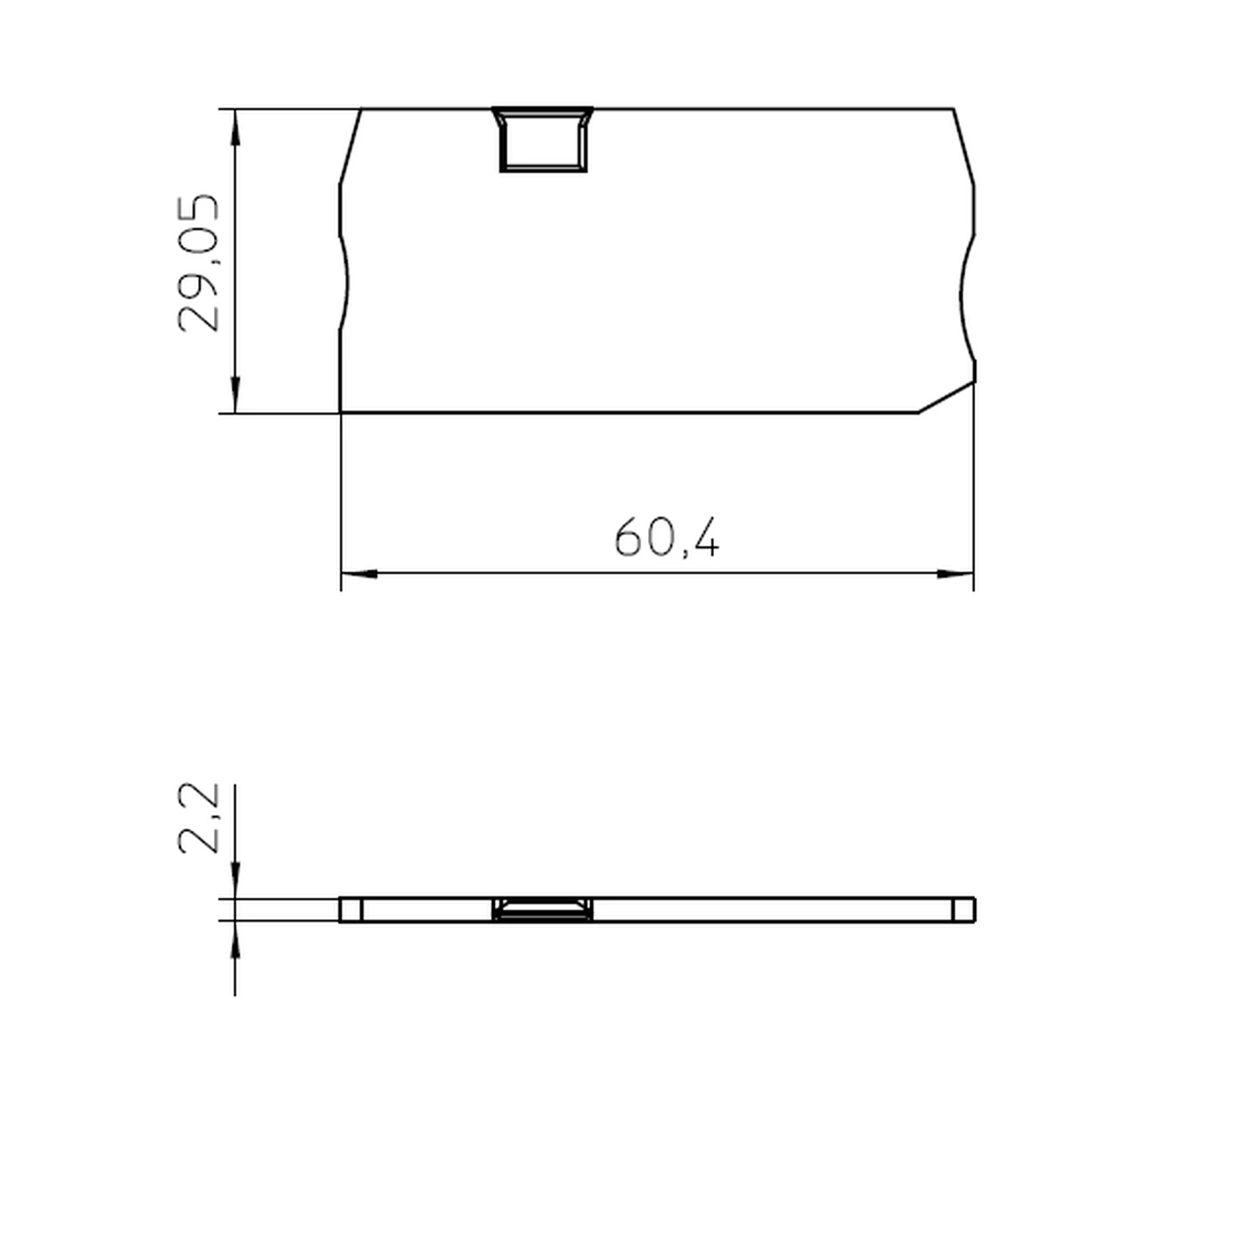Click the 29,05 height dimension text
pyautogui.click(x=198, y=263)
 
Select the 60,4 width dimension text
pyautogui.click(x=666, y=538)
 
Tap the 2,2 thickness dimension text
pyautogui.click(x=198, y=817)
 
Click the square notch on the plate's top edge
pyautogui.click(x=543, y=140)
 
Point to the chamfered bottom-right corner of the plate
pyautogui.click(x=947, y=398)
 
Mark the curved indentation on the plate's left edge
pyautogui.click(x=344, y=283)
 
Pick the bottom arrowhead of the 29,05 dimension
pyautogui.click(x=234, y=395)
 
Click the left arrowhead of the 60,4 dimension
pyautogui.click(x=358, y=574)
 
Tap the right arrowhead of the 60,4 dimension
pyautogui.click(x=956, y=574)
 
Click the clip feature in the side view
pyautogui.click(x=543, y=910)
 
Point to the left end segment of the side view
pyautogui.click(x=350, y=910)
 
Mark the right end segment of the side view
pyautogui.click(x=964, y=910)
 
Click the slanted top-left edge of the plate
pyautogui.click(x=350, y=147)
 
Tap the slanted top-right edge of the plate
pyautogui.click(x=964, y=147)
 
